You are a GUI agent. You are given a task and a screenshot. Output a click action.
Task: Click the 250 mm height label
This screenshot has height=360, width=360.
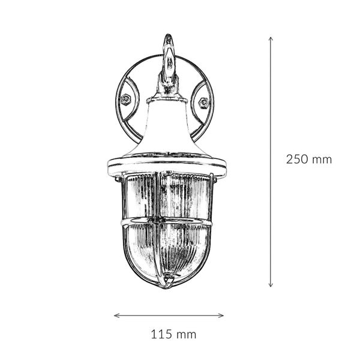308,160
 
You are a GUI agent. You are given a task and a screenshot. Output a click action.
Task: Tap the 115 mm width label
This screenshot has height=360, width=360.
173,334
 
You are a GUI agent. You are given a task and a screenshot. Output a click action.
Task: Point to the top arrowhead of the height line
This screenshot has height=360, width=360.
271,38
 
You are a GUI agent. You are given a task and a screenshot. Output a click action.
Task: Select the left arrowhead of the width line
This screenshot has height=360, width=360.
116,315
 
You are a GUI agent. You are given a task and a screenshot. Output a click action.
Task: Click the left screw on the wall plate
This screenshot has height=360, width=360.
126,100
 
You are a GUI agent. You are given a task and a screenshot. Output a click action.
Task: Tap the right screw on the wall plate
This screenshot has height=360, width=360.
203,103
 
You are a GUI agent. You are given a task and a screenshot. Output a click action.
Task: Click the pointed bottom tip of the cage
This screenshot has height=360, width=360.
168,284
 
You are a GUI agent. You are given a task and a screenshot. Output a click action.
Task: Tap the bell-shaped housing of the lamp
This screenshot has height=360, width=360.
167,129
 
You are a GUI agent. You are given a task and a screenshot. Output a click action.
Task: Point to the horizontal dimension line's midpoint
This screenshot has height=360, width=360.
169,315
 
